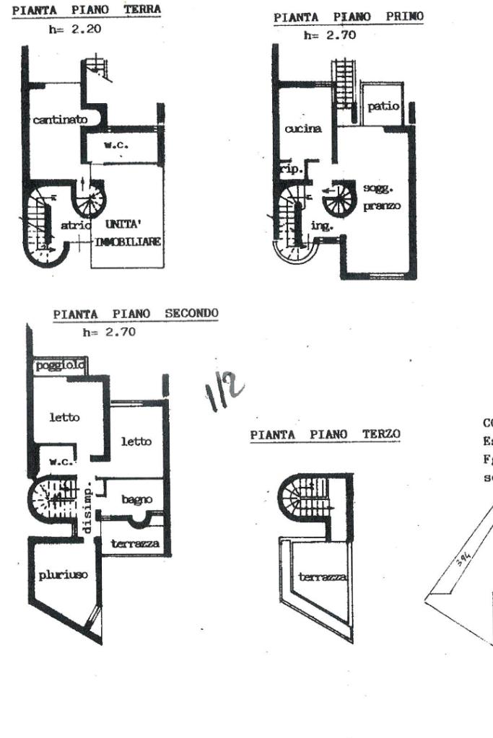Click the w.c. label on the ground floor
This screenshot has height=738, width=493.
[x=115, y=144]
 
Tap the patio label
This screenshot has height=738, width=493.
[x=383, y=106]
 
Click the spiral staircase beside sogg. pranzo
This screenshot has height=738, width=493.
[x=336, y=197]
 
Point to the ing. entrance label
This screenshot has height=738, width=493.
[x=319, y=225]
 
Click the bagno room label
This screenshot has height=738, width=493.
[x=136, y=498]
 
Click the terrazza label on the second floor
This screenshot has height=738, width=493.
[x=135, y=543]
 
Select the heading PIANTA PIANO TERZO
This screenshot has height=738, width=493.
[x=325, y=434]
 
